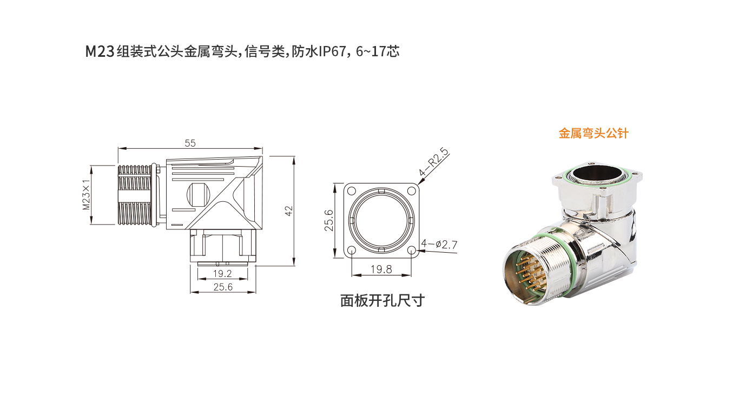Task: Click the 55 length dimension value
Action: point(190,143)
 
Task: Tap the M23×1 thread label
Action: point(86,195)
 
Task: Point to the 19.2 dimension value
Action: point(222,274)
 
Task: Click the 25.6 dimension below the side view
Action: point(222,287)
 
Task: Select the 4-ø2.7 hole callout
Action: point(439,245)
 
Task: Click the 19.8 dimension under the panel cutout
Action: point(381,269)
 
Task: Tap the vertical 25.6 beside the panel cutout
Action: point(329,220)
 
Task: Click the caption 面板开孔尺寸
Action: point(382,301)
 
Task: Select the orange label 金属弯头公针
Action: point(593,133)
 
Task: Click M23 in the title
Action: point(100,52)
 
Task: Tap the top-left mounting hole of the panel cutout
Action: point(351,190)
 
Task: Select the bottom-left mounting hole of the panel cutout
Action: point(351,251)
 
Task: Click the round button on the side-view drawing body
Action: point(197,194)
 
